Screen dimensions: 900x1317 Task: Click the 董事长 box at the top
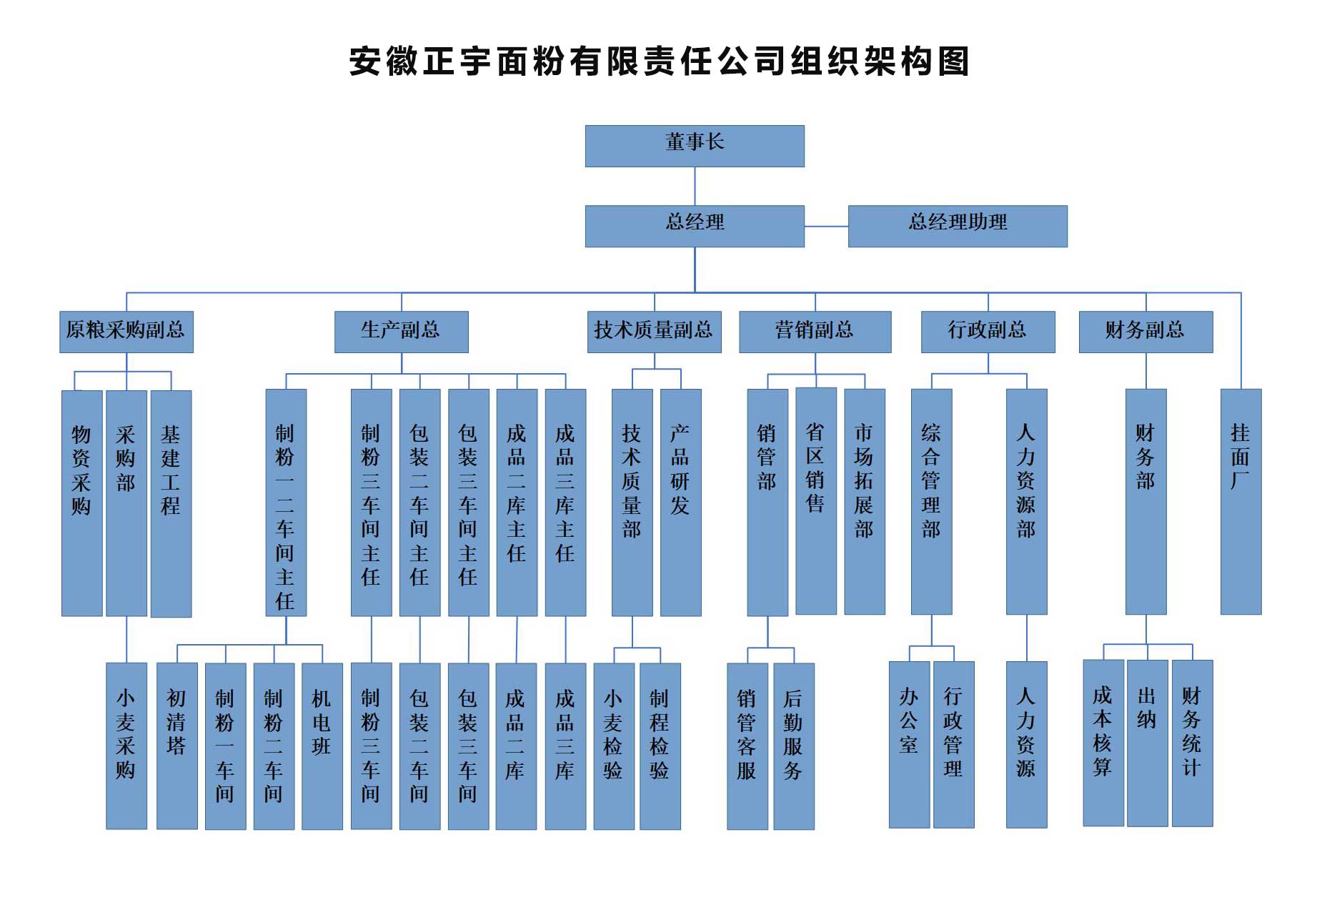(x=694, y=146)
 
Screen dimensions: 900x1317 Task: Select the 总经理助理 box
(x=957, y=226)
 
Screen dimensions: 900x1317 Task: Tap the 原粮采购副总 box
(x=126, y=331)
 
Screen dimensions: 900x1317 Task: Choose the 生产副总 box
(x=401, y=331)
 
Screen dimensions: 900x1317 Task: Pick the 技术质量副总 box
(x=654, y=331)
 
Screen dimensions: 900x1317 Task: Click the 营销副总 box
(x=815, y=331)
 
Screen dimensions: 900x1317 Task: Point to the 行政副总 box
(x=988, y=331)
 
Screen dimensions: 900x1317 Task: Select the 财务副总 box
(x=1145, y=331)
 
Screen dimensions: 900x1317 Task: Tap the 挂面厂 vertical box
(x=1241, y=501)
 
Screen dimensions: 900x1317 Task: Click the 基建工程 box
(x=171, y=503)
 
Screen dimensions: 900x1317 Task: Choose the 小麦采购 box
(x=126, y=746)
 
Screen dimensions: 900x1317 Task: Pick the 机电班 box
(x=322, y=746)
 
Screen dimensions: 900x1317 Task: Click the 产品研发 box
(x=680, y=502)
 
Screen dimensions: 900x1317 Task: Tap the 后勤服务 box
(x=793, y=746)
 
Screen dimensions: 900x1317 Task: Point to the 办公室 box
(x=909, y=744)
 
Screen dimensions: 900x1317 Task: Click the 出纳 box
(x=1147, y=743)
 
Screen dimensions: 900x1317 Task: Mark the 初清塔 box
(x=177, y=746)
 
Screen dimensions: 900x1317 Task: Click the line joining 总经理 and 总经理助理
(x=826, y=226)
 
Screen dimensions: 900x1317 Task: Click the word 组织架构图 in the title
(x=879, y=61)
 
